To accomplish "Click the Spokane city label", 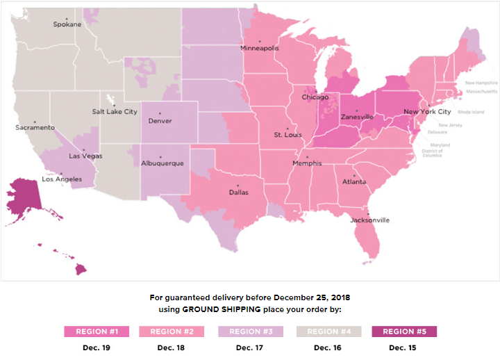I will [67, 24].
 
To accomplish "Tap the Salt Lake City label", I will [115, 112].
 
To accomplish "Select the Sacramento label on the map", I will [35, 128].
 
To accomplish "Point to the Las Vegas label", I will [85, 156].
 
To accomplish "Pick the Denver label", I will [160, 121].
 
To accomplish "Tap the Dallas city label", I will [238, 193].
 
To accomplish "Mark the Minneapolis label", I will [259, 48].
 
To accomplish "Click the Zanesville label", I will [357, 117].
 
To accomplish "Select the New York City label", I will [427, 112].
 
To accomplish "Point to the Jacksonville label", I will [370, 220].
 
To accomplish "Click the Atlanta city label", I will [353, 182].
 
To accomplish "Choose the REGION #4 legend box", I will [328, 332].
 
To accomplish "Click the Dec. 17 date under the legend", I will [250, 347].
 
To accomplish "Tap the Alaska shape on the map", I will [24, 198].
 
